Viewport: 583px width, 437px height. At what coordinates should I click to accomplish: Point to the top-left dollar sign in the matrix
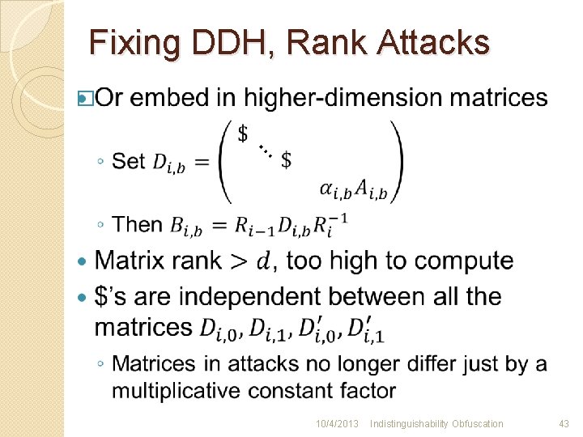coord(243,134)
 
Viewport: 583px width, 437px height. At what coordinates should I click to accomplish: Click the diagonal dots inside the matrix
coord(265,149)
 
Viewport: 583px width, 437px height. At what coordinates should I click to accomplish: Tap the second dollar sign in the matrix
coord(286,159)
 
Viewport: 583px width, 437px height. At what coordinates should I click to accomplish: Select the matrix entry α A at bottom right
coord(353,191)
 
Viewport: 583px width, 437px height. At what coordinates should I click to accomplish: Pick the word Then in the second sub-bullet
coord(138,224)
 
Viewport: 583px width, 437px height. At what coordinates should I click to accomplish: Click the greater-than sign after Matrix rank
coord(239,261)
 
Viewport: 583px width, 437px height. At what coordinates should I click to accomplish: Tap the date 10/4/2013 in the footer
coord(337,423)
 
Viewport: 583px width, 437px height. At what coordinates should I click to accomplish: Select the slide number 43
coord(564,423)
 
